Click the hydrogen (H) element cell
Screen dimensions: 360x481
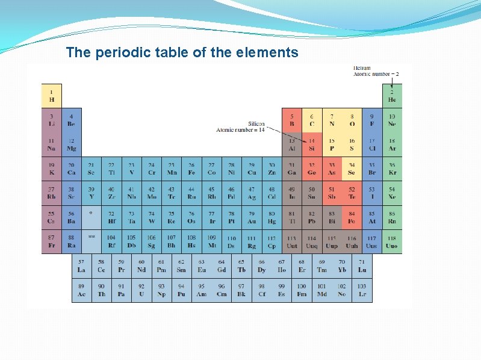coord(52,96)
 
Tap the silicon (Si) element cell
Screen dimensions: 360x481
coord(312,144)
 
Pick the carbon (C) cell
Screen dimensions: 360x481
coord(312,120)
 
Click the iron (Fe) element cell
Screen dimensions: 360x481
coord(191,169)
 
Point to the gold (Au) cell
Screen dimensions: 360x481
coord(252,217)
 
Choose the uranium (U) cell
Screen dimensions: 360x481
coord(141,290)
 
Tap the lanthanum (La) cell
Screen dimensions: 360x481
coord(81,266)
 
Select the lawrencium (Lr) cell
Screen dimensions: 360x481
coord(362,290)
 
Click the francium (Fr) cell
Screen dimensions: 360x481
coord(52,241)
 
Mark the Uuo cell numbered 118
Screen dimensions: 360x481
coord(392,241)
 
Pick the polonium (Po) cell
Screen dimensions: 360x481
coord(352,217)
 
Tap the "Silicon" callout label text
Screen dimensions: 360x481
coord(256,124)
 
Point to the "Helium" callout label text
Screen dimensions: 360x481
coord(362,68)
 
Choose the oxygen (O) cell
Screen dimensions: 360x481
coord(352,120)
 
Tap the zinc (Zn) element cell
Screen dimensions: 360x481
coord(272,169)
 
